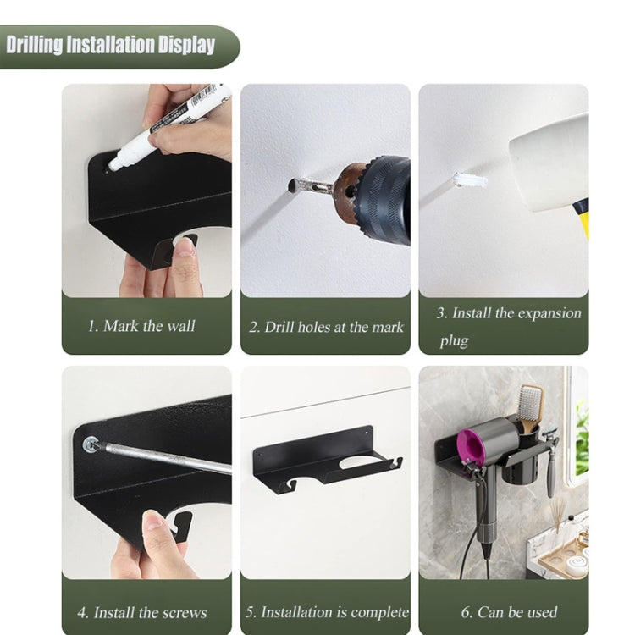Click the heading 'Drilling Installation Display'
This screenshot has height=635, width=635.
point(111,46)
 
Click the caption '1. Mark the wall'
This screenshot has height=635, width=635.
point(141,326)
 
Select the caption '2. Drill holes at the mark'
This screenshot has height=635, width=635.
point(326,327)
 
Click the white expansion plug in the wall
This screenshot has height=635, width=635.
point(469,180)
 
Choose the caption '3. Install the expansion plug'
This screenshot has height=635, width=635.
point(508,326)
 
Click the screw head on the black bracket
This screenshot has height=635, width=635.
point(90,444)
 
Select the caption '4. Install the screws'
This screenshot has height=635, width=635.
point(141,612)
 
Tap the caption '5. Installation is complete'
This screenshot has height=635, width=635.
point(326,612)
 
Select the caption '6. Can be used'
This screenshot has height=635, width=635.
point(508,612)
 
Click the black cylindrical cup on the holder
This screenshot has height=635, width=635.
point(522,461)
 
